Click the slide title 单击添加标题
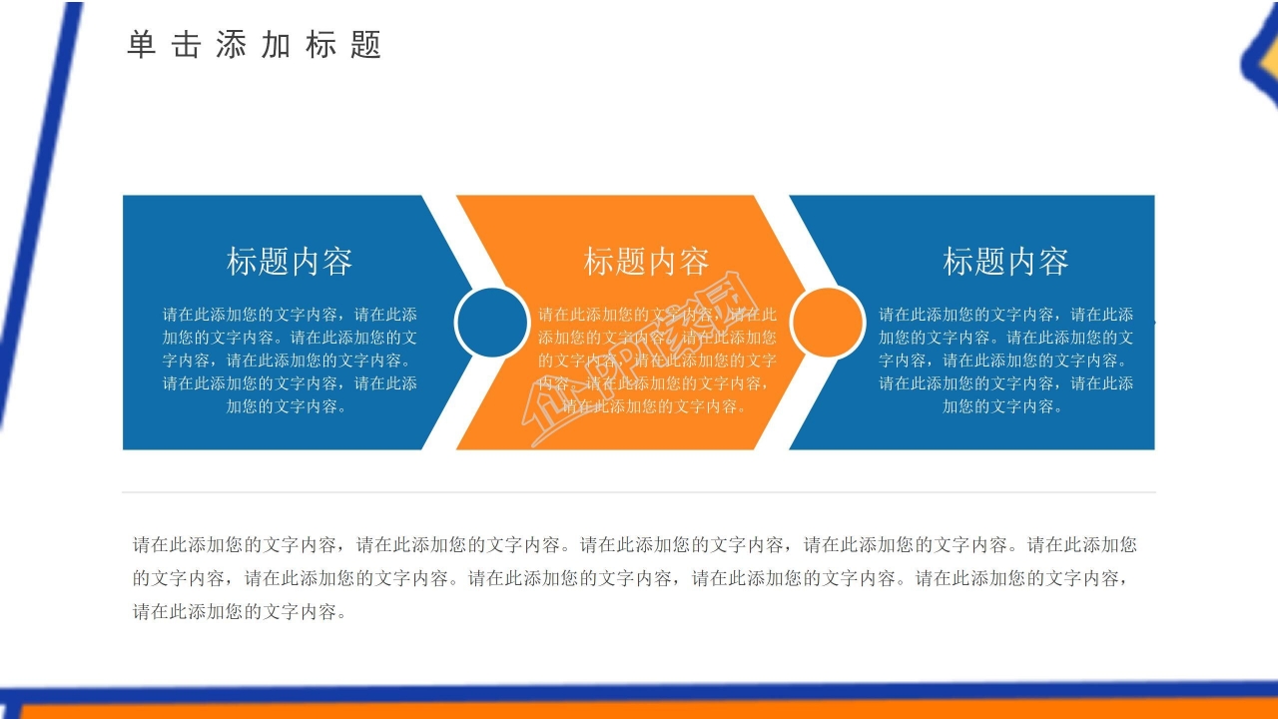point(255,45)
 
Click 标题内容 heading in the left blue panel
point(290,262)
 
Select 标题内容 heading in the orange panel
point(646,262)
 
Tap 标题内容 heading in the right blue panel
point(1005,262)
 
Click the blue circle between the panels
point(491,322)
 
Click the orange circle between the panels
point(828,322)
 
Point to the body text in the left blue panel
point(290,359)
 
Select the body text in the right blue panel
point(1005,359)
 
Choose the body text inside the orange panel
point(657,359)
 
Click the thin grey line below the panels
point(639,492)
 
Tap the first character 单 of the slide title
point(142,45)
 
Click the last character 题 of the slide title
point(366,45)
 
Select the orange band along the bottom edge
point(639,711)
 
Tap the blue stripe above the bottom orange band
point(639,692)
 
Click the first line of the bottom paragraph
point(635,545)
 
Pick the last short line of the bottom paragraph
point(240,612)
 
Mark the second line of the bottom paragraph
point(631,578)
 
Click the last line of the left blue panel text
point(290,406)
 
